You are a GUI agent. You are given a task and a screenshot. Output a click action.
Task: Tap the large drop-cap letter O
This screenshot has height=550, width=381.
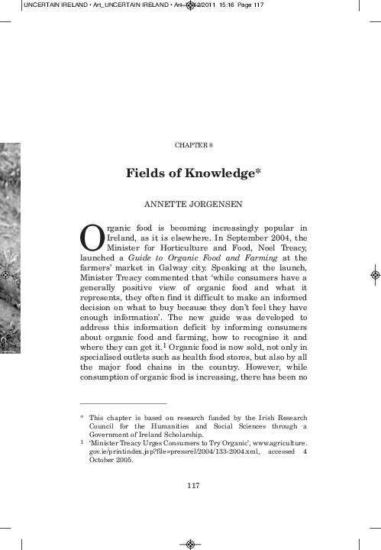click(x=92, y=238)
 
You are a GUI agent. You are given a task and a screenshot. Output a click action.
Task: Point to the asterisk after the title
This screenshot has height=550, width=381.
click(x=260, y=171)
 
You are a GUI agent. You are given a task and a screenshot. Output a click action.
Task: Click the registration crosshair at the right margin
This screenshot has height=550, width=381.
click(x=374, y=274)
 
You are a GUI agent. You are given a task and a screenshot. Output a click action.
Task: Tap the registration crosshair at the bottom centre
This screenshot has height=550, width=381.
click(x=190, y=544)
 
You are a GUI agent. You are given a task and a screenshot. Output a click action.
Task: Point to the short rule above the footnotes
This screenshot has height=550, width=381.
click(x=123, y=403)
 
